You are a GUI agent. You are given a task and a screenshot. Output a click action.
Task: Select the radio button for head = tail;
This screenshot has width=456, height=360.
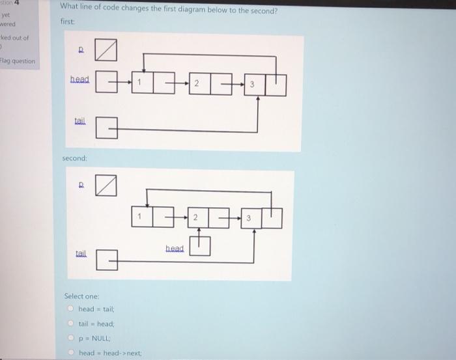pos(72,309)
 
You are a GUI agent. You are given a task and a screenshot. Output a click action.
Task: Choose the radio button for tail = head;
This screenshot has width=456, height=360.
pos(72,323)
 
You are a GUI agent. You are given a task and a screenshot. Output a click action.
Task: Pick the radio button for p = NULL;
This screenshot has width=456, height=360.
pos(72,338)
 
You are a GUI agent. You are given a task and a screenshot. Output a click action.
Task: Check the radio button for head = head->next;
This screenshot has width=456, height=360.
pos(72,352)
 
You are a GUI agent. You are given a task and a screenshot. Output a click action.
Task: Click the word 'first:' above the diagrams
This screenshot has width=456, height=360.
pos(68,21)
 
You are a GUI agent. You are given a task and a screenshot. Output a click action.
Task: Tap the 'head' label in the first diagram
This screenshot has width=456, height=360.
pos(80,79)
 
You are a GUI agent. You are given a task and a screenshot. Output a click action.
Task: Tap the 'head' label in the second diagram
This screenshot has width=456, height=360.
pos(175,248)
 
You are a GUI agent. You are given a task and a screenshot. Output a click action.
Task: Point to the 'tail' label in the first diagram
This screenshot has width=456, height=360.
pos(80,122)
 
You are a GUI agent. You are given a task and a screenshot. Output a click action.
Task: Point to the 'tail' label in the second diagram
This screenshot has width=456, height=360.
pos(81,255)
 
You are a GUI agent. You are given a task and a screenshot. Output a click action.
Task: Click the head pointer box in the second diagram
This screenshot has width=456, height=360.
pos(201,246)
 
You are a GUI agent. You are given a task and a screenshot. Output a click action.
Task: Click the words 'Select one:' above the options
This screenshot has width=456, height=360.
pos(79,296)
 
